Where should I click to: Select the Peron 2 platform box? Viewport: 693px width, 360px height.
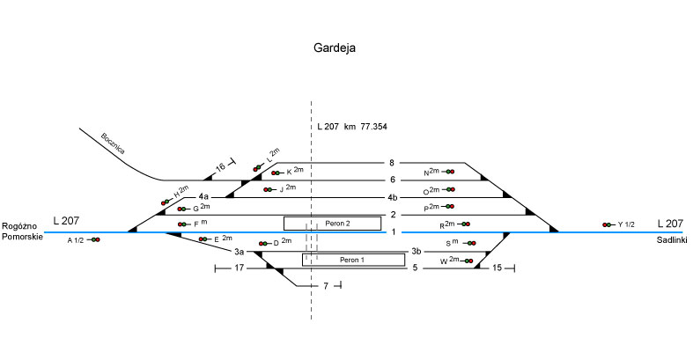[x=332, y=224]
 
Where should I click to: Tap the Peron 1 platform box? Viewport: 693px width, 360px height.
[x=353, y=260]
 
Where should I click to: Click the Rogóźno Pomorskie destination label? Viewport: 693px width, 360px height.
[x=22, y=232]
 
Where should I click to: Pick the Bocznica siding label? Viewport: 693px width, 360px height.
[x=113, y=143]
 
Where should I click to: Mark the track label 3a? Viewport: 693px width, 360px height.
[x=238, y=252]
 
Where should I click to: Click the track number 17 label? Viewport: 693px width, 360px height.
[x=238, y=268]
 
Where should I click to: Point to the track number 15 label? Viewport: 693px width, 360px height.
[x=498, y=268]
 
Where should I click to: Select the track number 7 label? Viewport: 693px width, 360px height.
[x=326, y=287]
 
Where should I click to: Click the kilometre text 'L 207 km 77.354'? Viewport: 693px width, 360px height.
[x=352, y=128]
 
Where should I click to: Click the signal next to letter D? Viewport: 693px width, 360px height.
[x=263, y=243]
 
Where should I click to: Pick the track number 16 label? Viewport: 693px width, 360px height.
[x=221, y=165]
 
